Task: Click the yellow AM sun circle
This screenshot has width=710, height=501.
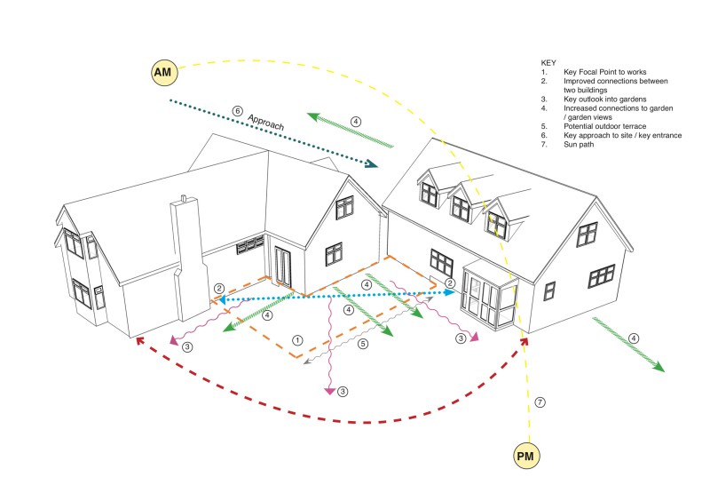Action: point(164,72)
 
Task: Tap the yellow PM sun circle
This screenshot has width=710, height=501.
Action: point(526,456)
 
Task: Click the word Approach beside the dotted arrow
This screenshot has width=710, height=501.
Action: point(265,122)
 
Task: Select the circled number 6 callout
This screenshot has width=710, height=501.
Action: point(237,111)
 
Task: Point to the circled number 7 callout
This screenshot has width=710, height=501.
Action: point(540,402)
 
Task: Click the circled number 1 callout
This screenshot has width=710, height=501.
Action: point(297,340)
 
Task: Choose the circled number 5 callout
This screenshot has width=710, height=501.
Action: point(363,344)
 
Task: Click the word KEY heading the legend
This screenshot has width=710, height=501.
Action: point(548,63)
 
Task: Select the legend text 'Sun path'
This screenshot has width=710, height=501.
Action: point(579,145)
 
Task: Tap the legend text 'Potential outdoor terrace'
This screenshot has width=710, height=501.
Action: point(605,126)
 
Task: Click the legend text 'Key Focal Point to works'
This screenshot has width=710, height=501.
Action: point(605,72)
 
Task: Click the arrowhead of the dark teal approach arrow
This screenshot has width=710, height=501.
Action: point(372,163)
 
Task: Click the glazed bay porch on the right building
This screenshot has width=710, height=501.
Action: point(490,295)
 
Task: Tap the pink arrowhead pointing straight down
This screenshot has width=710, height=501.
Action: point(330,391)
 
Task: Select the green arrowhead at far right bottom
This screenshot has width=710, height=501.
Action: point(659,367)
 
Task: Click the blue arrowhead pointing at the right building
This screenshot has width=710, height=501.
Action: point(450,292)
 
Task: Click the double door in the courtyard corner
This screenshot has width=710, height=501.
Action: point(282,267)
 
